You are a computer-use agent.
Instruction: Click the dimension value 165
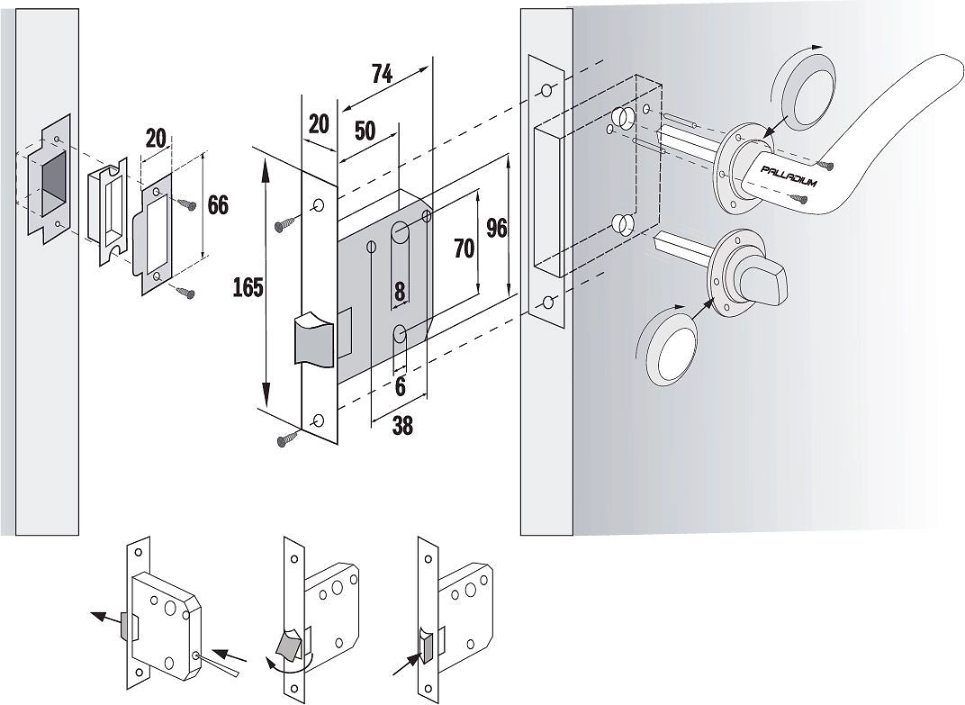point(248,287)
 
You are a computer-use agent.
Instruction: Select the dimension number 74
point(382,75)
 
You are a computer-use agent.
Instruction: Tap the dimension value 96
point(497,228)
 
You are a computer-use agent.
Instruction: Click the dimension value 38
point(402,425)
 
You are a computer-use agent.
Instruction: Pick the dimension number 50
point(365,131)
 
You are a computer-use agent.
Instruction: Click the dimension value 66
point(218,205)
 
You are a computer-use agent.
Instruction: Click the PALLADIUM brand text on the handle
point(788,176)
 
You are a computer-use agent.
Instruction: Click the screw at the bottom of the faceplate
point(289,438)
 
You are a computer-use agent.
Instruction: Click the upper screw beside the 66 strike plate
point(186,204)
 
